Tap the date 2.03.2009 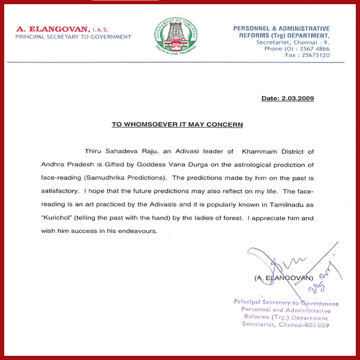296,98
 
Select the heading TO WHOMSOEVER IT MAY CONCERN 177,124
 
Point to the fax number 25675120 316,55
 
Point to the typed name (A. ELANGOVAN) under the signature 284,278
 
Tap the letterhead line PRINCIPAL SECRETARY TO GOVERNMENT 73,37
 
